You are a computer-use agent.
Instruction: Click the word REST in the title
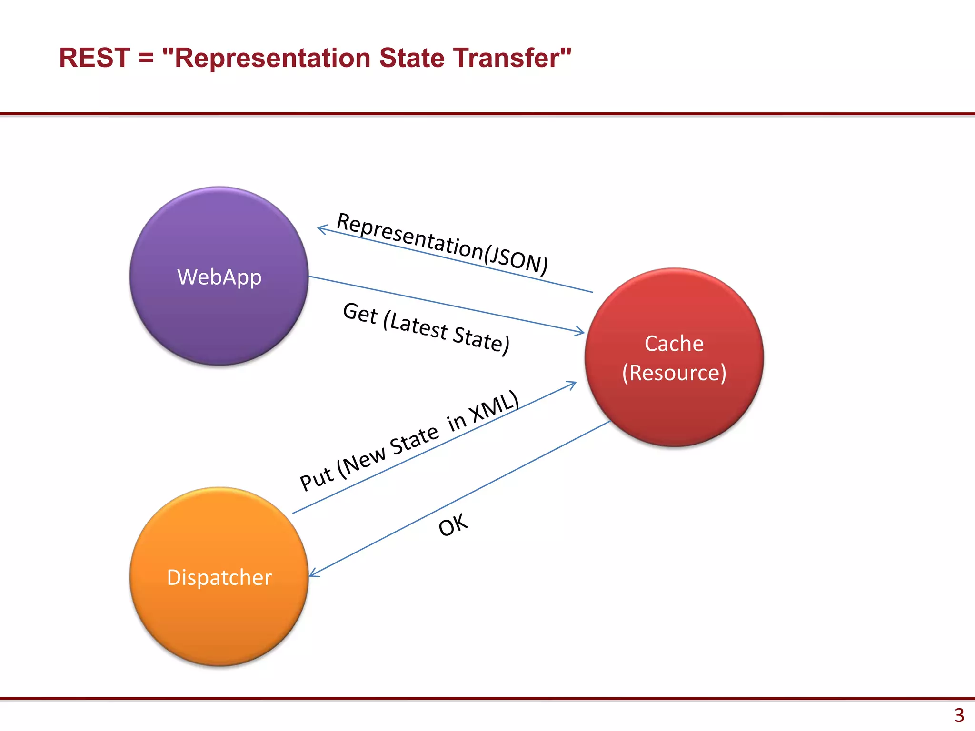[94, 58]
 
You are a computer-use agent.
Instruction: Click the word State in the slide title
[412, 58]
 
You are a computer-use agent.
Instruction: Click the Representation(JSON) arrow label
[442, 244]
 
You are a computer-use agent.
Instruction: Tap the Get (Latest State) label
[426, 328]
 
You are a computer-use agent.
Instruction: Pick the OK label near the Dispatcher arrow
[453, 525]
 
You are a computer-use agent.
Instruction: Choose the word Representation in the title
[273, 58]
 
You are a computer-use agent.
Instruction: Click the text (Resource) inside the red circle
[674, 373]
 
